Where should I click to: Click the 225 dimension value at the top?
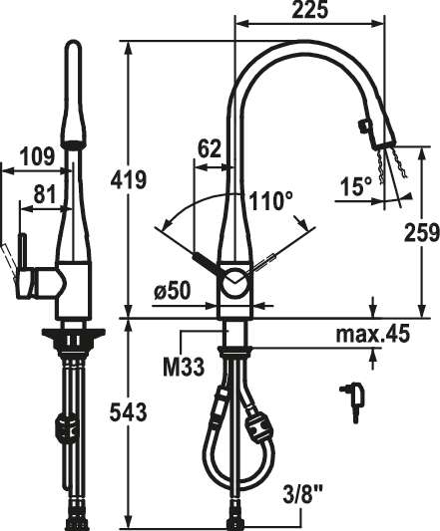click(x=310, y=10)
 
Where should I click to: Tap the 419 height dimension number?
click(x=129, y=179)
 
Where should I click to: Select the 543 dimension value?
click(x=129, y=412)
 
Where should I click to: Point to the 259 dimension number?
click(x=422, y=233)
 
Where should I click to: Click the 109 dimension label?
click(x=37, y=156)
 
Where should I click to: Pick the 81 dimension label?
click(x=44, y=195)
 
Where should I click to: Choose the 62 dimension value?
click(x=209, y=148)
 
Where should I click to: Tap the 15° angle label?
click(x=356, y=186)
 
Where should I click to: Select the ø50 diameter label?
click(x=173, y=291)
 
